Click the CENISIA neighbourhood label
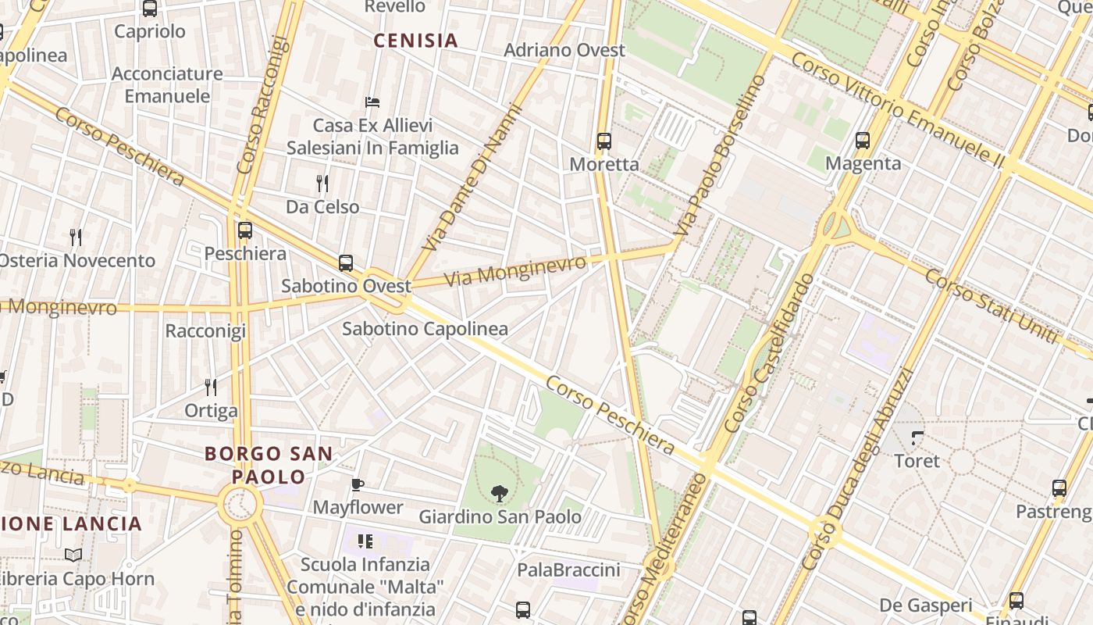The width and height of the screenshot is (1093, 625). [x=415, y=41]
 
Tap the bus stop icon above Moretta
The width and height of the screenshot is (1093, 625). [x=603, y=141]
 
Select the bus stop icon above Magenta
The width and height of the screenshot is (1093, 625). [x=863, y=141]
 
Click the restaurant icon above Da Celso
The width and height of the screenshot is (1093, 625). [x=322, y=184]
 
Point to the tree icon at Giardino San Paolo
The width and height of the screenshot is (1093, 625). [x=499, y=493]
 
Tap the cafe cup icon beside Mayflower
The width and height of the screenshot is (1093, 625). [x=358, y=485]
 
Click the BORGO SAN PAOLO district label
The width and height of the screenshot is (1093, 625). [x=269, y=465]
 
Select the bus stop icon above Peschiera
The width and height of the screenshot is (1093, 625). [x=245, y=230]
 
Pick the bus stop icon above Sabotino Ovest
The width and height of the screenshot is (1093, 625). [x=346, y=263]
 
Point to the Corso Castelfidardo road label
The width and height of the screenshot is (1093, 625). [x=769, y=353]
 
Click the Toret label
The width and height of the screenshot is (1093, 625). [x=917, y=461]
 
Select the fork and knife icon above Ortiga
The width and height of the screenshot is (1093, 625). [x=210, y=387]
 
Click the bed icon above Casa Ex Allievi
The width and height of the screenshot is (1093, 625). [x=372, y=102]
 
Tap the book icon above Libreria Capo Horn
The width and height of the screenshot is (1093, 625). [x=73, y=555]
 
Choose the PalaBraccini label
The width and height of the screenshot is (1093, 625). [x=568, y=570]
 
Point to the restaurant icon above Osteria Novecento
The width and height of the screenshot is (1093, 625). [x=76, y=237]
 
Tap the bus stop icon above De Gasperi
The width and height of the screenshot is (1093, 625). [x=1016, y=601]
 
